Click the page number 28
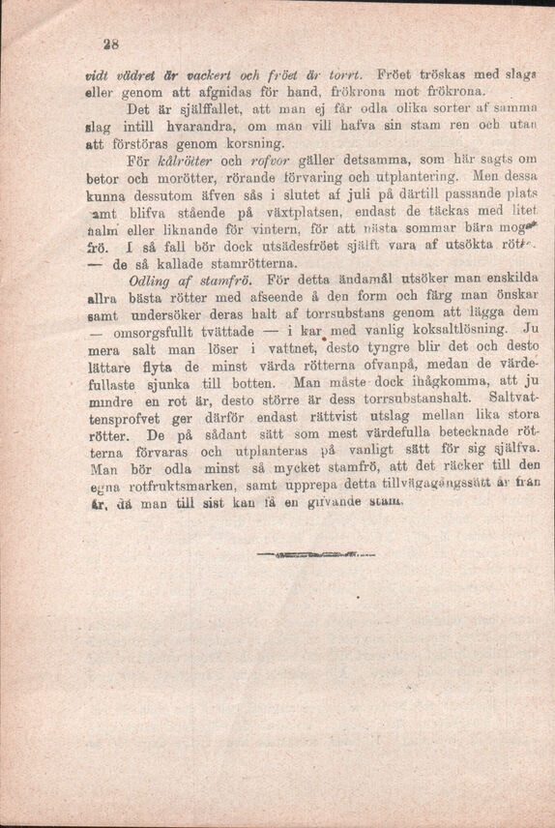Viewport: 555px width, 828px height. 98,44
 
